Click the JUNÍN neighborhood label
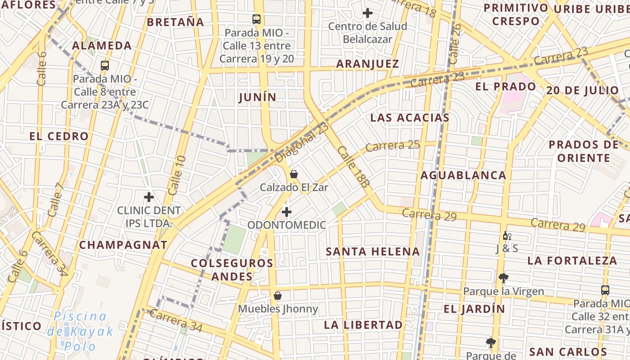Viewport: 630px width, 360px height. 257,97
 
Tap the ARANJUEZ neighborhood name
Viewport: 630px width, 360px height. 368,64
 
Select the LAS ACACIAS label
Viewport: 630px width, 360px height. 409,118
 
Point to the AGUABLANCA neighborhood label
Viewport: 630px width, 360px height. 463,175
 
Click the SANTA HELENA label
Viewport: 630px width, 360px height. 373,252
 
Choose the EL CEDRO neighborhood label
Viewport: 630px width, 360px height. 59,136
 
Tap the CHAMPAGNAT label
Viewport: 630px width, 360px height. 123,245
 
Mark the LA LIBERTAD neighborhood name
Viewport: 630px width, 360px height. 363,325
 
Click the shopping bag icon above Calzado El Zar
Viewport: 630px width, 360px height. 294,174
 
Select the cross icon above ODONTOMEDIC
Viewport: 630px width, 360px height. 287,211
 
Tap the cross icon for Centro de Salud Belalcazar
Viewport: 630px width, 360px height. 368,13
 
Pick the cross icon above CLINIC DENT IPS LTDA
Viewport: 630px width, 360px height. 149,197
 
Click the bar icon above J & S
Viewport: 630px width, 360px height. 507,236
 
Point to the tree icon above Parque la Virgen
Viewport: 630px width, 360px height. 503,278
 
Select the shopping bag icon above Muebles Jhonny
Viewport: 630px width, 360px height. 278,296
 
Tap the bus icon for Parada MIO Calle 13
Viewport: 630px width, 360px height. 256,19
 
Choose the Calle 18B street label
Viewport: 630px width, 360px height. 354,166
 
